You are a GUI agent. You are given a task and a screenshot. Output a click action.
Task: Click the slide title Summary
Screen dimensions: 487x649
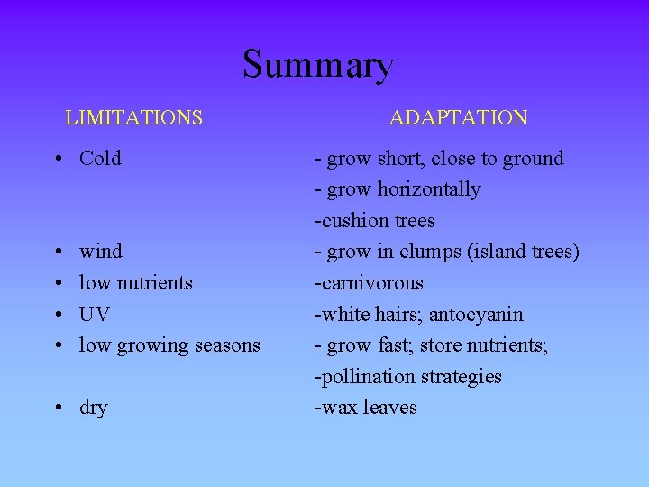click(x=317, y=65)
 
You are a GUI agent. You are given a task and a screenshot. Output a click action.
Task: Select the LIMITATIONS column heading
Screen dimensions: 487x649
click(x=133, y=117)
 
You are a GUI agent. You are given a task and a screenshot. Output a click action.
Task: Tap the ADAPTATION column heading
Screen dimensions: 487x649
click(x=458, y=117)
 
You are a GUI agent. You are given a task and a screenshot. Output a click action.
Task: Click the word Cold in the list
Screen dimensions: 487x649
click(x=100, y=159)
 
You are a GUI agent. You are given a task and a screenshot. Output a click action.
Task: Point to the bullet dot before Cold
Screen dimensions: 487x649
click(x=57, y=160)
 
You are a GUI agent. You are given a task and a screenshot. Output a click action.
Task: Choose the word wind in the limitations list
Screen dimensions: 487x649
click(x=101, y=252)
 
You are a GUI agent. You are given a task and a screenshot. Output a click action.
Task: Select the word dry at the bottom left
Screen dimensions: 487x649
click(x=93, y=408)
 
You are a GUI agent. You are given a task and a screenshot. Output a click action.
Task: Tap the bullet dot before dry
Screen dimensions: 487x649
click(x=57, y=409)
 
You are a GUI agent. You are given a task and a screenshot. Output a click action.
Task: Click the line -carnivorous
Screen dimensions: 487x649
click(x=369, y=283)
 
